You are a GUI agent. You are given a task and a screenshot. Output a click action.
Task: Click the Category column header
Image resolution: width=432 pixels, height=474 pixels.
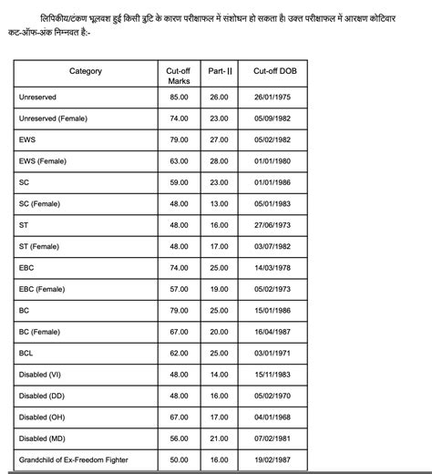tap(86, 71)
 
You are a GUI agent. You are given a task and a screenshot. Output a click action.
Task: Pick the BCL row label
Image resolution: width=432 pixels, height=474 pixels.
tap(26, 353)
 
